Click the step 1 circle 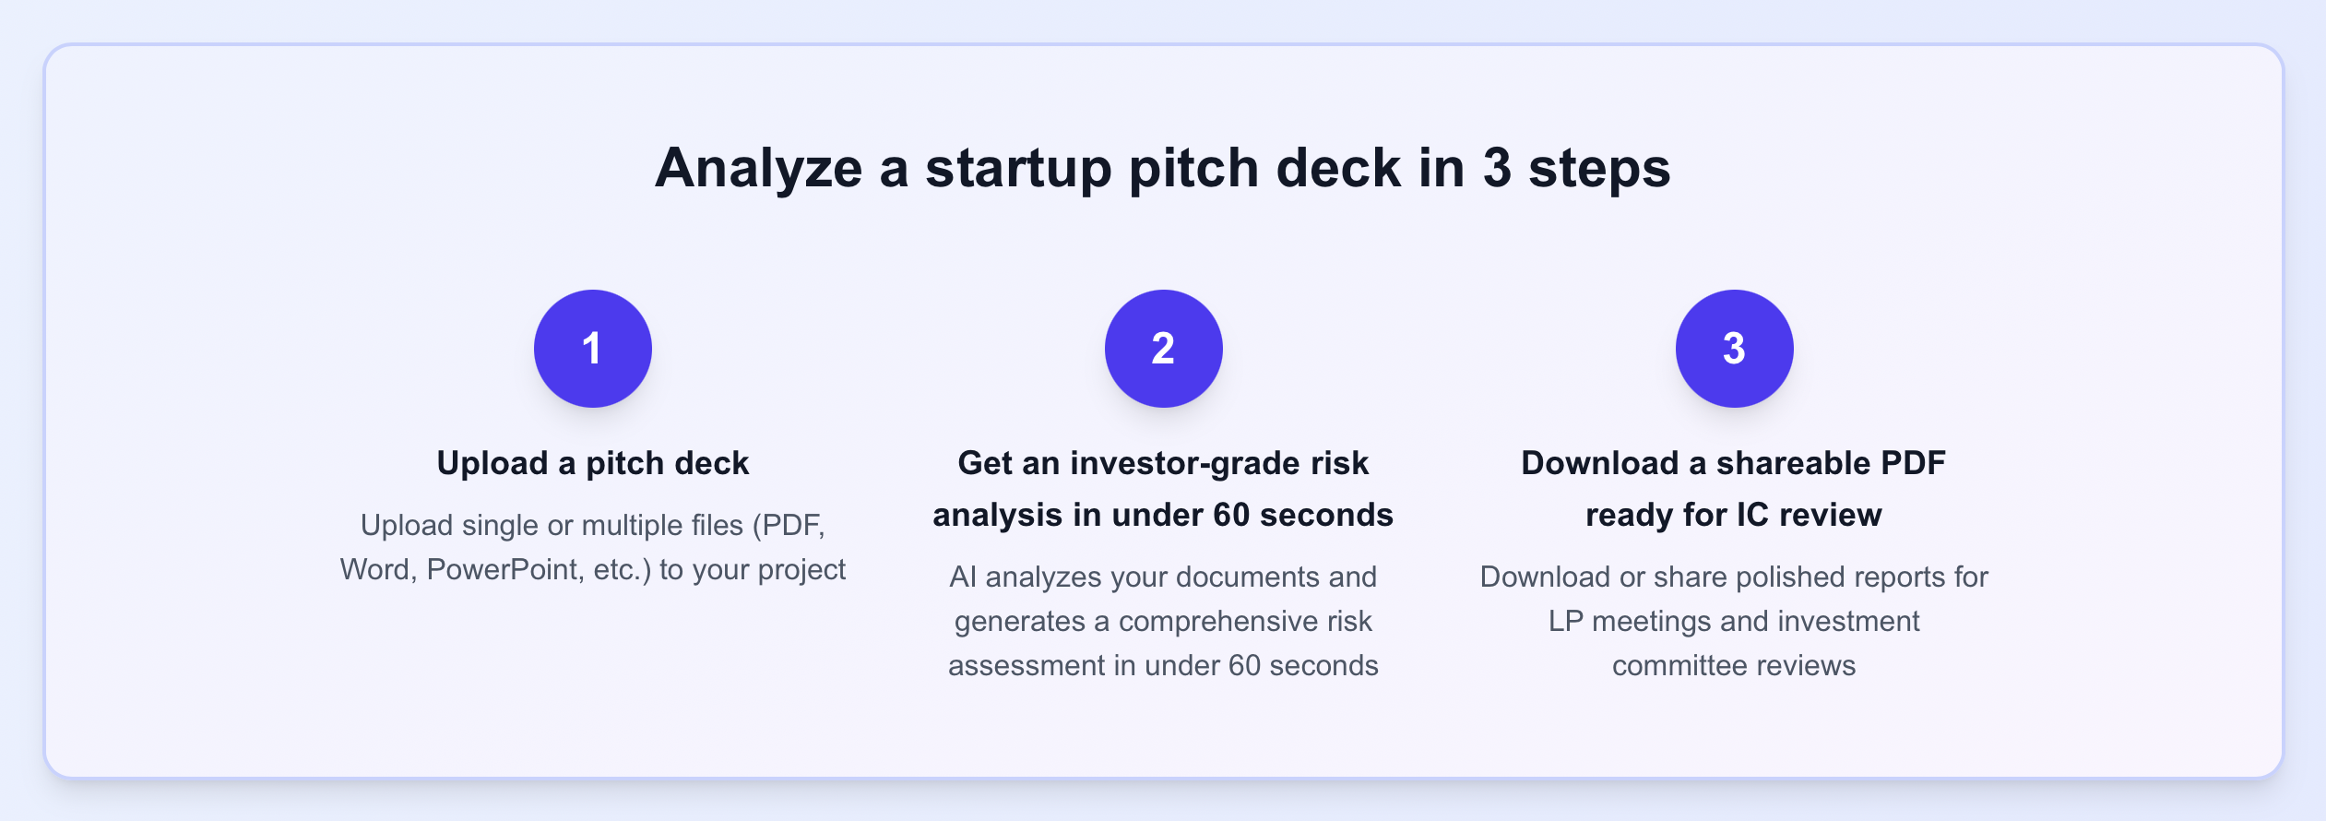pyautogui.click(x=593, y=349)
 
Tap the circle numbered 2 pyautogui.click(x=1163, y=349)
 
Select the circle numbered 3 pyautogui.click(x=1734, y=349)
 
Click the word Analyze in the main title pyautogui.click(x=758, y=169)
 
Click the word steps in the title pyautogui.click(x=1599, y=169)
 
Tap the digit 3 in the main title pyautogui.click(x=1497, y=169)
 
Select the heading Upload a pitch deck pyautogui.click(x=593, y=463)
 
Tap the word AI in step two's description pyautogui.click(x=962, y=577)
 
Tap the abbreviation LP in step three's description pyautogui.click(x=1565, y=622)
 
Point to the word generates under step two pyautogui.click(x=1020, y=622)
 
